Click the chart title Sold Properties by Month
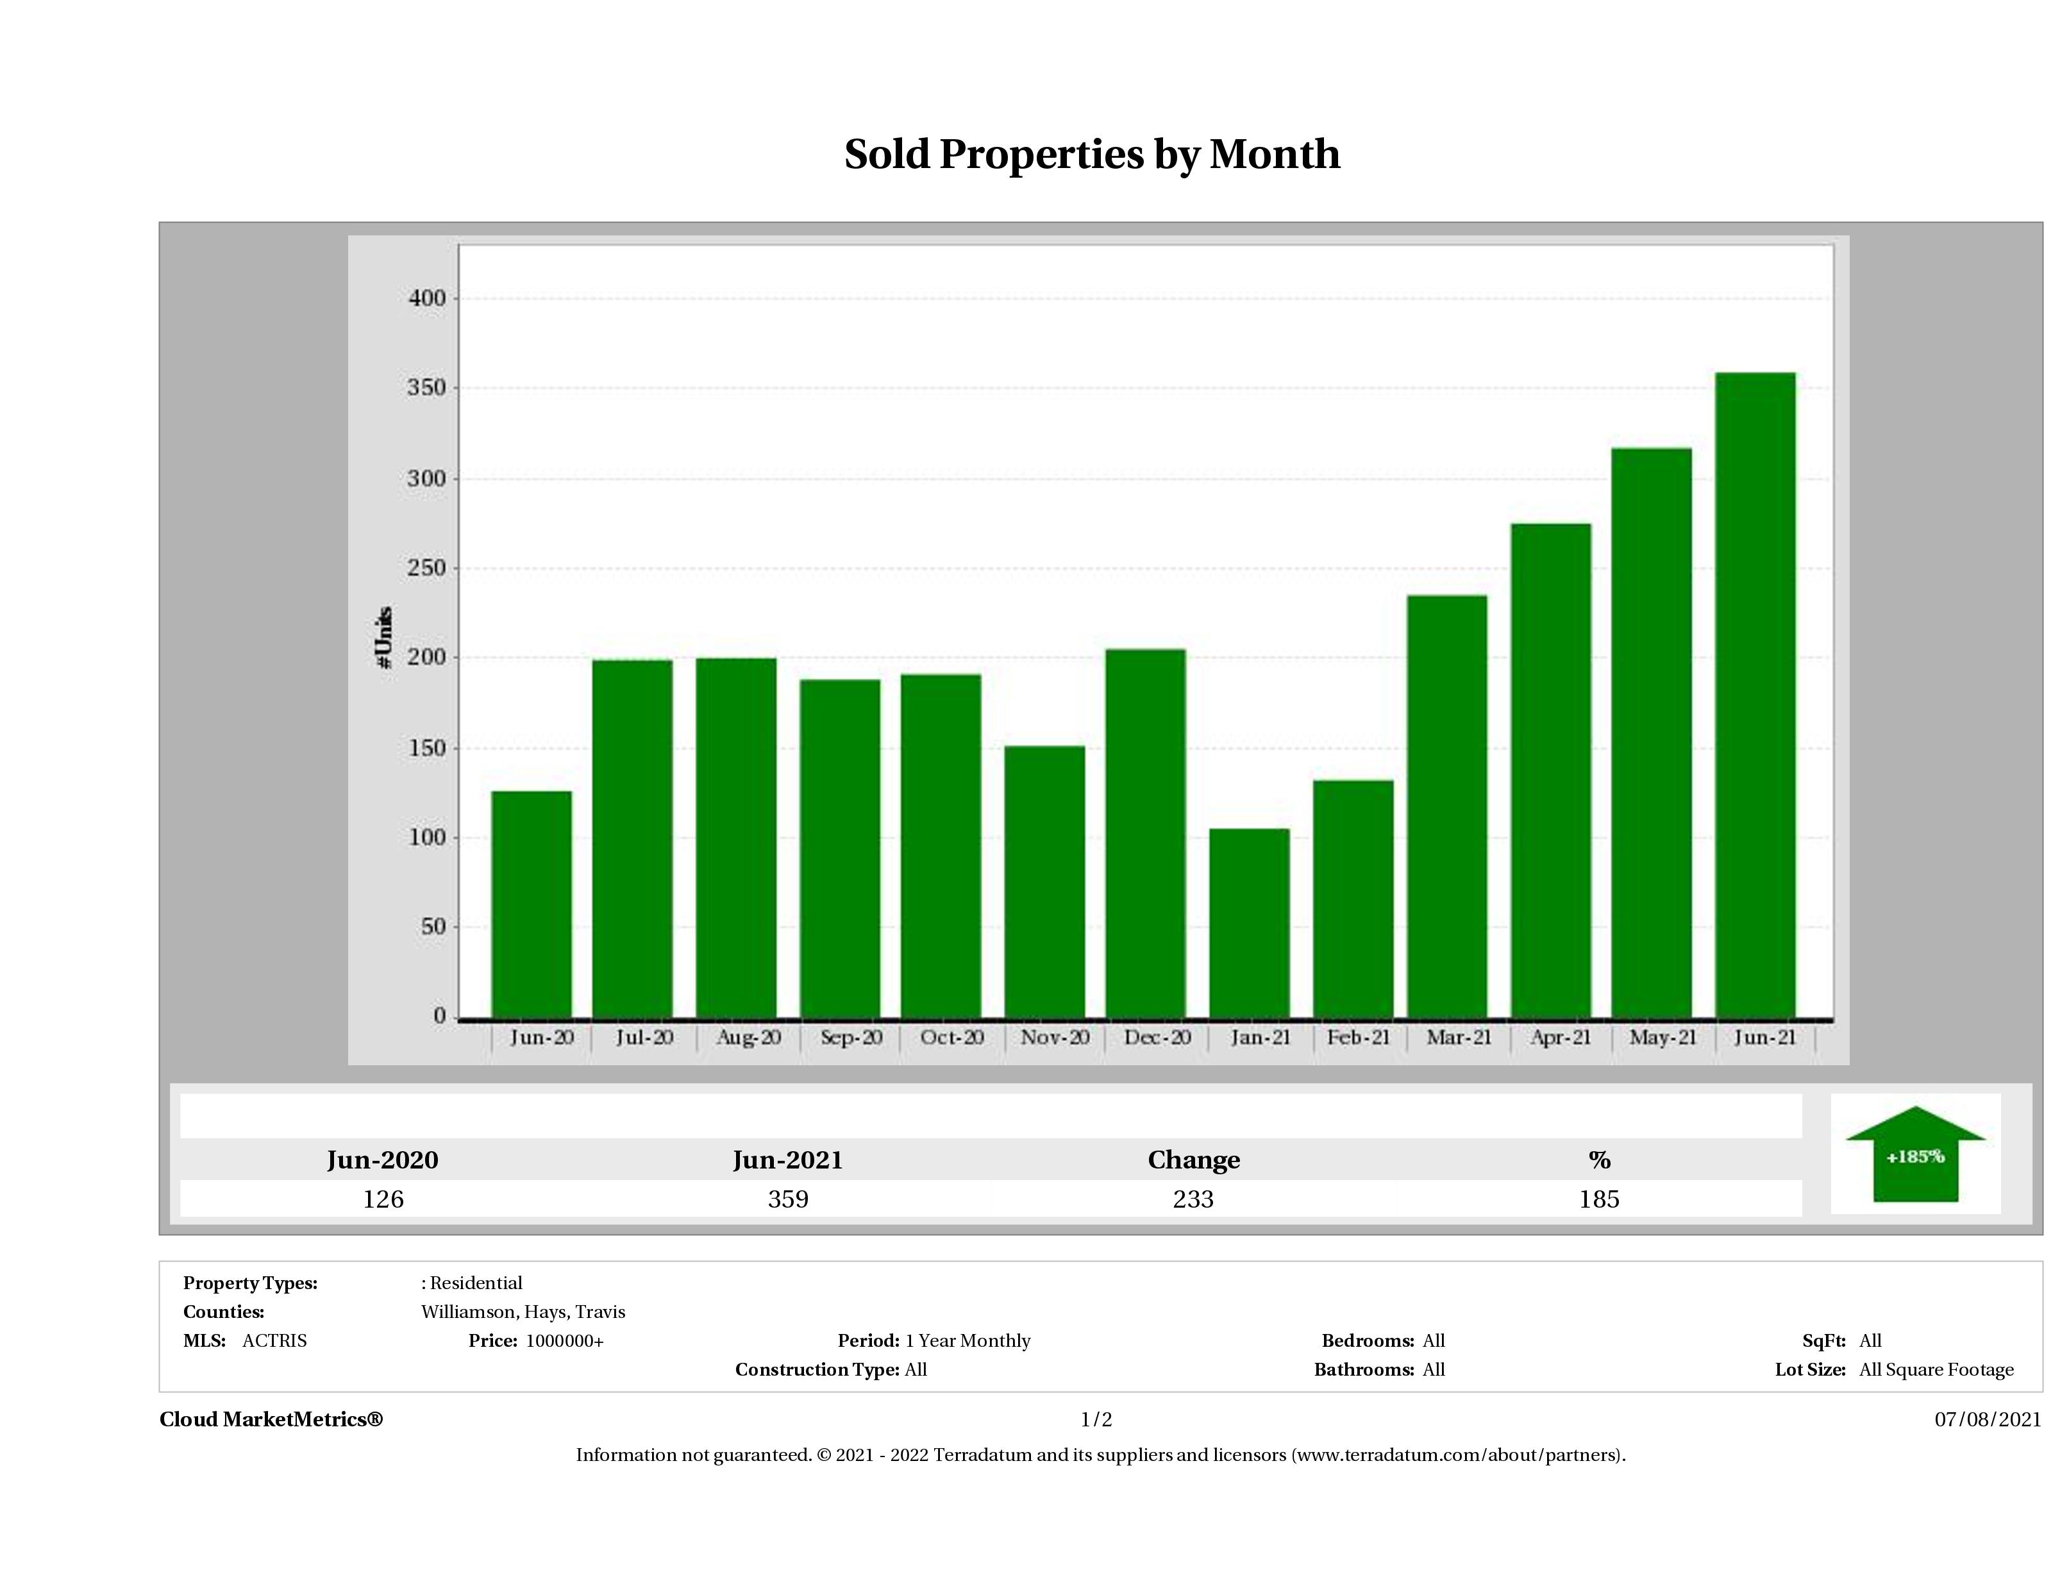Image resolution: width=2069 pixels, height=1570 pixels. (x=1091, y=155)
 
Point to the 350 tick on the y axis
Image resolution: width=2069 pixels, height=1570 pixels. (x=426, y=388)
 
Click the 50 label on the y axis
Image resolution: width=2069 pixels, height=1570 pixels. (x=433, y=927)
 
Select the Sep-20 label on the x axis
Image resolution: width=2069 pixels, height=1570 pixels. (x=851, y=1038)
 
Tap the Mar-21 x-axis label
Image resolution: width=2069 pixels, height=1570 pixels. (x=1458, y=1038)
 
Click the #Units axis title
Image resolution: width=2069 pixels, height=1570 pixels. (x=383, y=637)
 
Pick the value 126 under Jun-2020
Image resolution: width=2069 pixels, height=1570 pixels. (x=383, y=1199)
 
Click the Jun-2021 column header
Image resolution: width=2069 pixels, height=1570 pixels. (x=787, y=1160)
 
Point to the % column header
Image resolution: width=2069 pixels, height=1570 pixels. (x=1598, y=1160)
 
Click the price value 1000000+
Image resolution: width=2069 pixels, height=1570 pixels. (x=564, y=1341)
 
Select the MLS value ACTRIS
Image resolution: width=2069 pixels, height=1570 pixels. (x=274, y=1341)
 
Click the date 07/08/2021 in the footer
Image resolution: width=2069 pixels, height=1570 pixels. (x=1988, y=1419)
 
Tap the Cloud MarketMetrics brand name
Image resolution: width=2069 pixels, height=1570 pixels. (x=271, y=1419)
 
